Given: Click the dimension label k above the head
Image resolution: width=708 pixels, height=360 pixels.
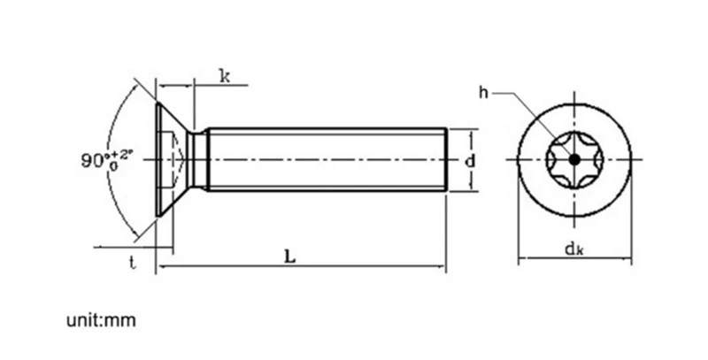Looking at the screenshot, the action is pos(225,76).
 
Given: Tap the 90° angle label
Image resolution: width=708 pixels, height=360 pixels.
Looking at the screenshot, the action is pos(107,160).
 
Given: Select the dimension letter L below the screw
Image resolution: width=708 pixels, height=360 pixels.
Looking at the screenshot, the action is pos(290,257).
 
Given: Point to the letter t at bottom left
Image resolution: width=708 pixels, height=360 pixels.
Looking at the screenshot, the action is pos(132,262).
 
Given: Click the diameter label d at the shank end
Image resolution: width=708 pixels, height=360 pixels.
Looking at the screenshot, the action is pos(470,161).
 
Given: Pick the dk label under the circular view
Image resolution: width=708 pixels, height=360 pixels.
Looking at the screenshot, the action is pos(574,249).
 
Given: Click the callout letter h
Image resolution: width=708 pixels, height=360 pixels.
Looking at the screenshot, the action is pos(483,93).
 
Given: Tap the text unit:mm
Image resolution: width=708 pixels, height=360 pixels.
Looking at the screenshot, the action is pos(101,320).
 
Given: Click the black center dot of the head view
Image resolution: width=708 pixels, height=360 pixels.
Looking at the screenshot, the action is pos(574,159).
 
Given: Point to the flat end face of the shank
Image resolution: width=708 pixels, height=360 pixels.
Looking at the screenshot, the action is pos(447,159).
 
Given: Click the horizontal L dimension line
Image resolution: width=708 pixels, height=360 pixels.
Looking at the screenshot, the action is pos(302,266).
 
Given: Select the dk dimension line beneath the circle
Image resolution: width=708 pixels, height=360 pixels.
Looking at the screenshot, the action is pos(574,258).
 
